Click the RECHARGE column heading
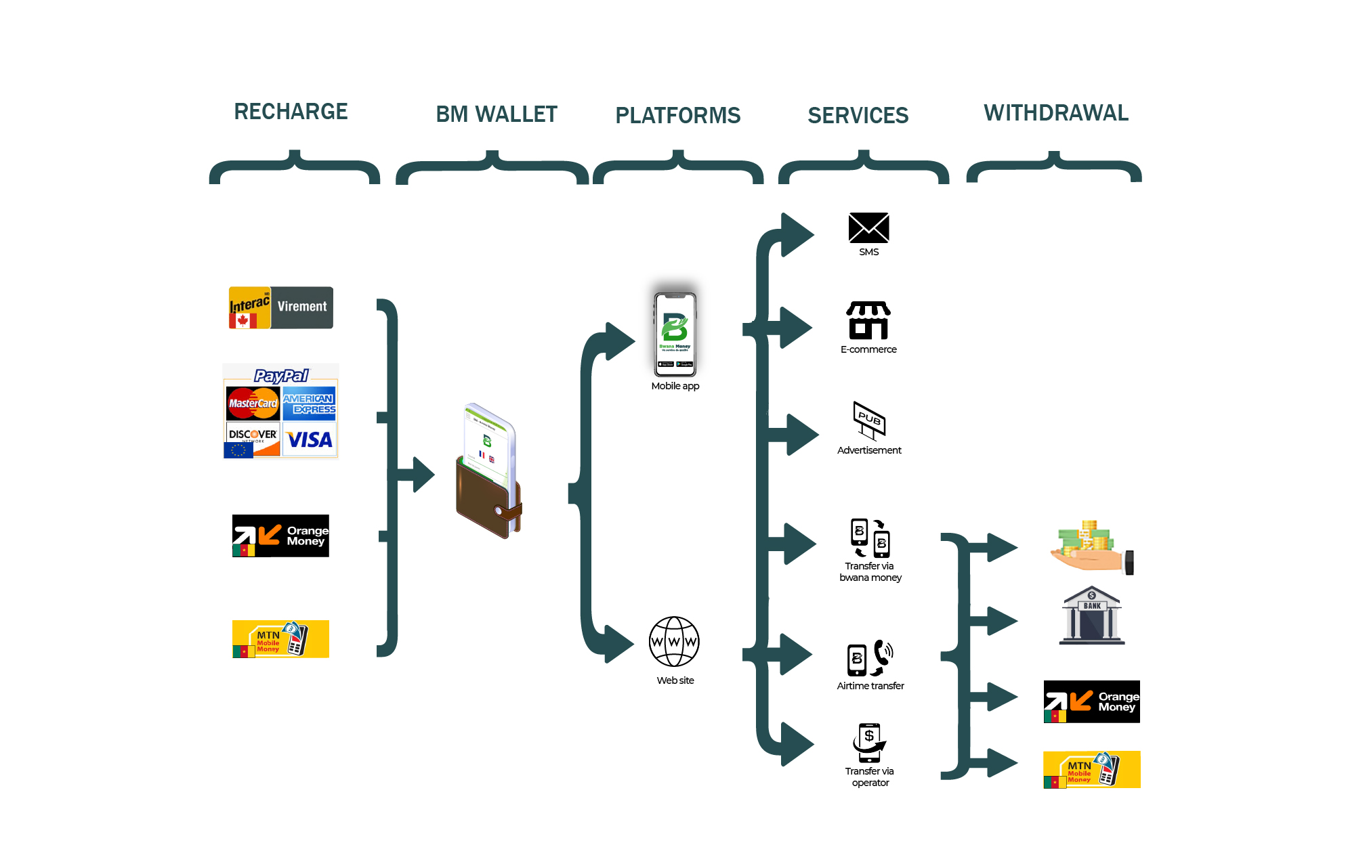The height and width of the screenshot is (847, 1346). pyautogui.click(x=291, y=112)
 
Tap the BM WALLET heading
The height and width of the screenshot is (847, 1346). pyautogui.click(x=497, y=114)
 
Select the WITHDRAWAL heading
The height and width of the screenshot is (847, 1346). pyautogui.click(x=1056, y=113)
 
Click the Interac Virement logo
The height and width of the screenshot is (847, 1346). pyautogui.click(x=281, y=307)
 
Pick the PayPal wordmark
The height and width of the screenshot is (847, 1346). pyautogui.click(x=280, y=376)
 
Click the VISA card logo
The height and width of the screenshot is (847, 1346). pyautogui.click(x=309, y=440)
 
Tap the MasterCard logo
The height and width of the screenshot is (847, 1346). pyautogui.click(x=253, y=404)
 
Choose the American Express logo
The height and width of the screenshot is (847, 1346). pyautogui.click(x=309, y=404)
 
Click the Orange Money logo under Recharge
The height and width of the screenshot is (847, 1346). pyautogui.click(x=280, y=536)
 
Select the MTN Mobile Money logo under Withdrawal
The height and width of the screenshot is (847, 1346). pyautogui.click(x=1091, y=769)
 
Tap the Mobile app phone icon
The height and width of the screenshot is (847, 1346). pyautogui.click(x=675, y=334)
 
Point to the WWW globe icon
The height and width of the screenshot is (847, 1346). pyautogui.click(x=674, y=641)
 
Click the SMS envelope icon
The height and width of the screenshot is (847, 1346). pyautogui.click(x=868, y=227)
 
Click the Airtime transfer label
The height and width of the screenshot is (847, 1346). pyautogui.click(x=870, y=686)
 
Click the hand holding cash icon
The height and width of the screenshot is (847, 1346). pyautogui.click(x=1091, y=547)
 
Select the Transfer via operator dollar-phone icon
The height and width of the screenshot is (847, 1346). pyautogui.click(x=869, y=743)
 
